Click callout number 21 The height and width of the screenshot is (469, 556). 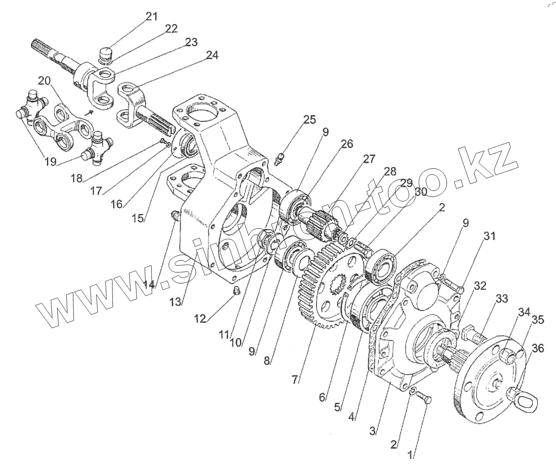click(x=152, y=17)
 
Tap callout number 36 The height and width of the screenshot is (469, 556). click(x=538, y=348)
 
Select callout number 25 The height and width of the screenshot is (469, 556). click(x=309, y=120)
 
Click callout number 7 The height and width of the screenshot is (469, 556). click(x=295, y=380)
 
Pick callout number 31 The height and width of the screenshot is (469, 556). click(x=489, y=236)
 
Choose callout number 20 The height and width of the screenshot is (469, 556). click(x=44, y=81)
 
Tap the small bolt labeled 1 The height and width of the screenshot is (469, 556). click(x=423, y=397)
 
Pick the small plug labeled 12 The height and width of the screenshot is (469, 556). click(x=236, y=292)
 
